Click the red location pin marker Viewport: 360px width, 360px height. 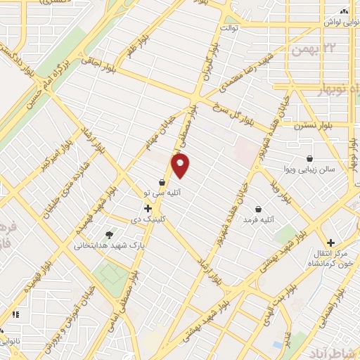coord(181,166)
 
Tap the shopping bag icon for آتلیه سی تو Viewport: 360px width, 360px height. coord(162,182)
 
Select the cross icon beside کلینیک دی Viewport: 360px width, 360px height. coord(148,208)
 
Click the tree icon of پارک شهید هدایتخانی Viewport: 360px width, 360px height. coord(108,235)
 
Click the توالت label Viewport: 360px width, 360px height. coord(231,28)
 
